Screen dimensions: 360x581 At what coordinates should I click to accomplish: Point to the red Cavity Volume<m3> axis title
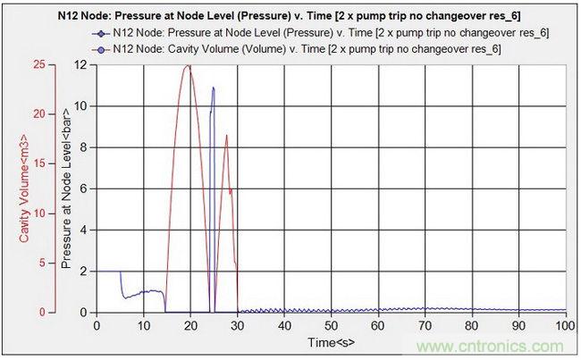point(22,187)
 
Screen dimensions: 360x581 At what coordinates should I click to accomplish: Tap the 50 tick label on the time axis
point(331,324)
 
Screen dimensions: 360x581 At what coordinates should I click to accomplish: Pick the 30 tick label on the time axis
point(237,324)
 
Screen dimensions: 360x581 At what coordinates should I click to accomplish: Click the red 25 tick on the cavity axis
point(37,65)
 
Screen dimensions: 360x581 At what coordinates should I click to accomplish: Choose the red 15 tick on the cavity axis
point(37,163)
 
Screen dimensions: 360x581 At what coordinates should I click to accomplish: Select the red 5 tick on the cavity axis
point(39,263)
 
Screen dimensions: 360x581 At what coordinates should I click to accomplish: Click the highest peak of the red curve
point(188,66)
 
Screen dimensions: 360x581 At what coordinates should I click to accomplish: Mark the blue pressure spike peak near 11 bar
point(213,88)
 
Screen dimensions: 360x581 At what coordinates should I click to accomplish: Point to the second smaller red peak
point(227,136)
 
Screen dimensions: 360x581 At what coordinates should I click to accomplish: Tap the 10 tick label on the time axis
point(143,324)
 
